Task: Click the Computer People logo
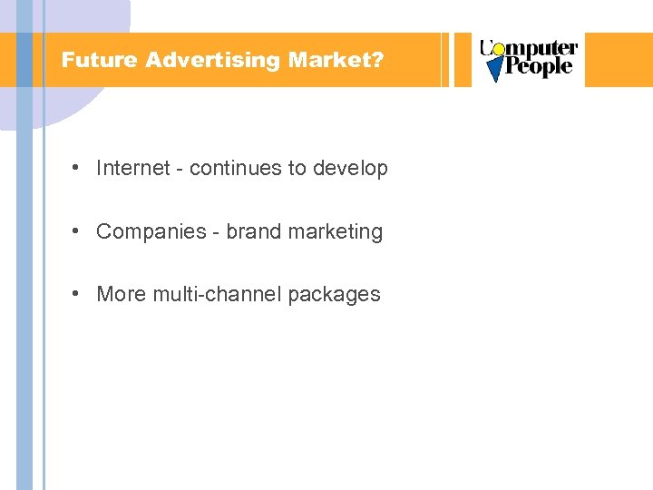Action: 529,59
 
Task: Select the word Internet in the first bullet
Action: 132,168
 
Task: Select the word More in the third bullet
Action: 121,294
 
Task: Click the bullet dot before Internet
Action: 80,168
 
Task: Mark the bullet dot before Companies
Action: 80,231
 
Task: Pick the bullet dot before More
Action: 80,294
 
